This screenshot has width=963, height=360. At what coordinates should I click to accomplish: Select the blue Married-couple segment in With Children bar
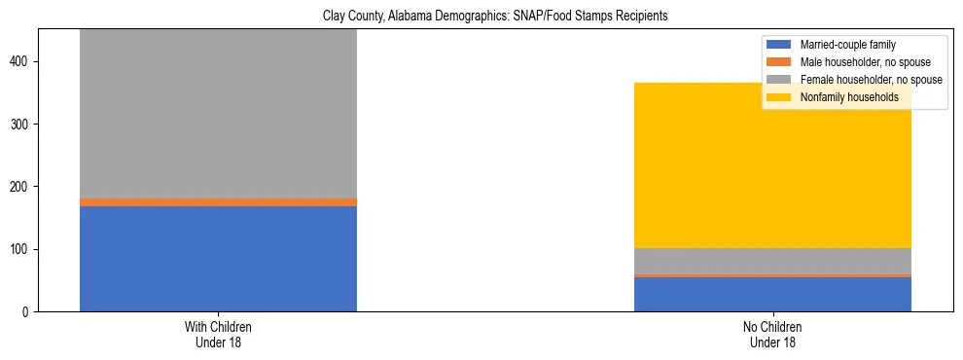coord(218,259)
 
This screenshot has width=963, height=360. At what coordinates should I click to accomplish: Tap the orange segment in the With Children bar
coord(218,202)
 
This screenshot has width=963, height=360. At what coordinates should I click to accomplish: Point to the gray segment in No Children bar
coord(772,262)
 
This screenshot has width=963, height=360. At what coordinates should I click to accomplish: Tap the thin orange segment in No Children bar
coord(772,276)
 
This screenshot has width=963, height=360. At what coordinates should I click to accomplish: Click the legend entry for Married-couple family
coord(847,45)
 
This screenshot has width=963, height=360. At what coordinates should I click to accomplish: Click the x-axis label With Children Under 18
coord(218,335)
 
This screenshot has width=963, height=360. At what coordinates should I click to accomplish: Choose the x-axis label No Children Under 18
coord(772,335)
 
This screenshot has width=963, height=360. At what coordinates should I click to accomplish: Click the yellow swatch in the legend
coord(779,97)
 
